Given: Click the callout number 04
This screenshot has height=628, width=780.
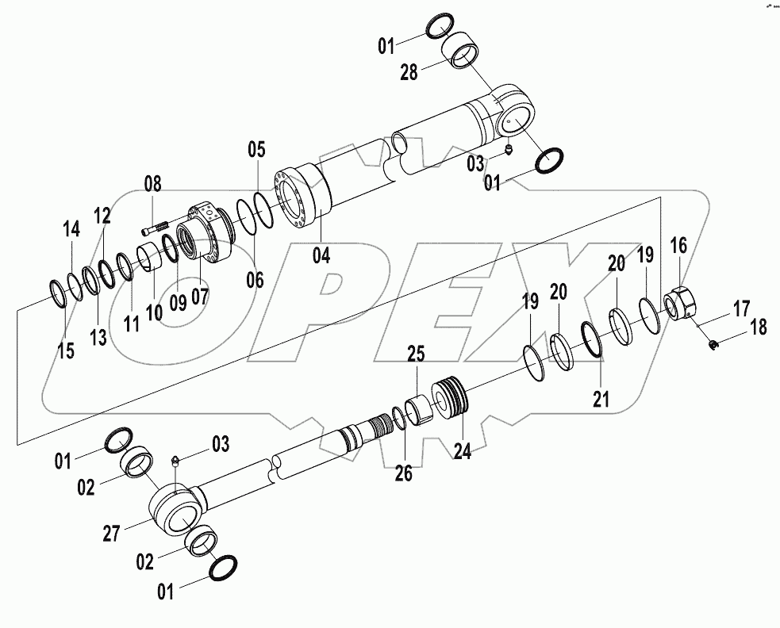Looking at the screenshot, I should pyautogui.click(x=321, y=255).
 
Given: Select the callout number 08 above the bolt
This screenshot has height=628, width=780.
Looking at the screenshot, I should pyautogui.click(x=152, y=186).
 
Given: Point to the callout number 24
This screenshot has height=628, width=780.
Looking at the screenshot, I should pyautogui.click(x=463, y=450).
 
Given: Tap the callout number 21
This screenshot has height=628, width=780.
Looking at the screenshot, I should pyautogui.click(x=601, y=400).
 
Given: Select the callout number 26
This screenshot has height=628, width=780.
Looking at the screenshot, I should pyautogui.click(x=404, y=474).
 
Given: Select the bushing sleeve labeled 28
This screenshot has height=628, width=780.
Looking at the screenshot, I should pyautogui.click(x=460, y=55).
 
